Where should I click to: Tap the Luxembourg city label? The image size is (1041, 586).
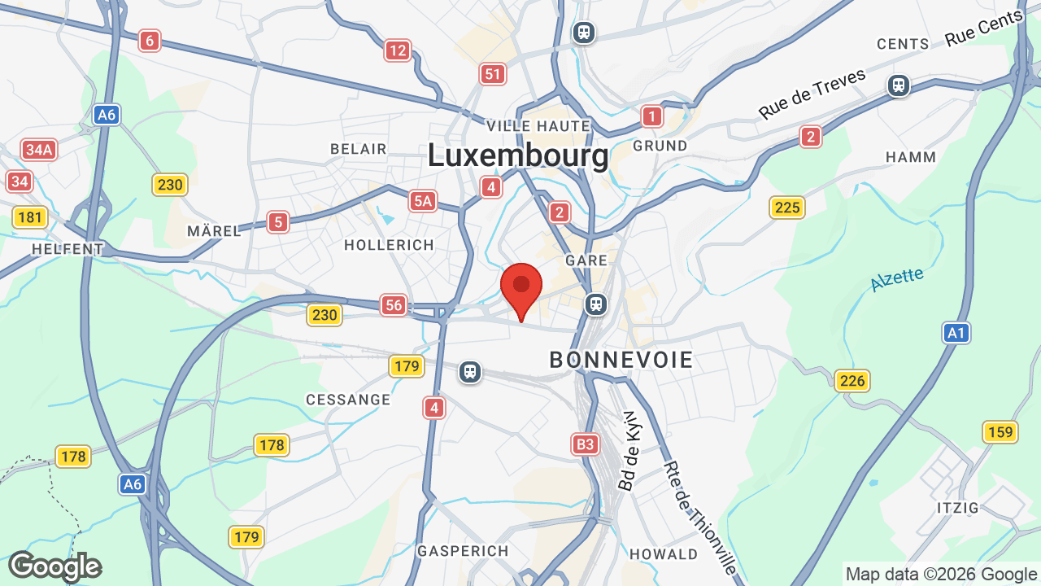(x=518, y=155)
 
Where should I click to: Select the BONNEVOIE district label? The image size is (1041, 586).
(x=621, y=360)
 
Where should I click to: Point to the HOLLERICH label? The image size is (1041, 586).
(x=389, y=245)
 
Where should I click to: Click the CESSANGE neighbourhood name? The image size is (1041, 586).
(x=348, y=400)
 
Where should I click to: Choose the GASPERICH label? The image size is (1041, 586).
(x=463, y=551)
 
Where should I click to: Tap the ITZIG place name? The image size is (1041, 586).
(x=958, y=508)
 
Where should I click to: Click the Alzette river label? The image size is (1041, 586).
(x=897, y=279)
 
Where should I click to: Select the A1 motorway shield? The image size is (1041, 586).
(x=956, y=332)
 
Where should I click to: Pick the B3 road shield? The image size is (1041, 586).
(x=585, y=444)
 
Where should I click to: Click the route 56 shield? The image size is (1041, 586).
(x=394, y=305)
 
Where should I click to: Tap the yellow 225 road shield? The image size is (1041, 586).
(x=787, y=208)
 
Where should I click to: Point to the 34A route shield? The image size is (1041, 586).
(x=39, y=150)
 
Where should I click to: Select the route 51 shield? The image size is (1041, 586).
(x=492, y=75)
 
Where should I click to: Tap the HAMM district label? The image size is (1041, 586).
(x=911, y=157)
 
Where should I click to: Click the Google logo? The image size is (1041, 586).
(x=55, y=566)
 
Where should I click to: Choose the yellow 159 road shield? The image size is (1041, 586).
(x=1000, y=431)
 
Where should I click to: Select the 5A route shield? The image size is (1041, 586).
(x=423, y=201)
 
